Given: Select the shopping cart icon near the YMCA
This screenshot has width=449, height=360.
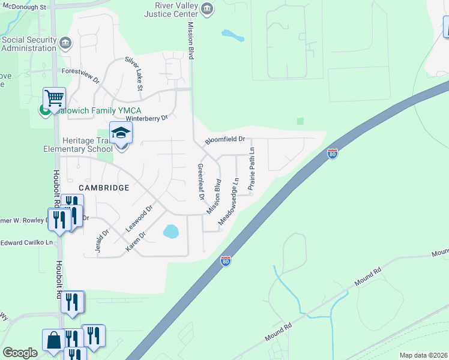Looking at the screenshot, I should [54, 98].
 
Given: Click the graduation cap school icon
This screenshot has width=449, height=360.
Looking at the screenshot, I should [120, 133].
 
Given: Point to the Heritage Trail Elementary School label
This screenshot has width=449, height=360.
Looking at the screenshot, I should [76, 145].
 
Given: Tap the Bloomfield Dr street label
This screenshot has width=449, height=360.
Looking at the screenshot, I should [225, 139].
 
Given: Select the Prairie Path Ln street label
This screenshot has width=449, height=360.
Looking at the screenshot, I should [252, 169].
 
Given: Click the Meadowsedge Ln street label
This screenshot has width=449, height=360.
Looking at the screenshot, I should [229, 200].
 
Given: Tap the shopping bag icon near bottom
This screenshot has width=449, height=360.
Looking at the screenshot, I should [53, 340].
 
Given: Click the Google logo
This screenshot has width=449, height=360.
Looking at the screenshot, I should [20, 353].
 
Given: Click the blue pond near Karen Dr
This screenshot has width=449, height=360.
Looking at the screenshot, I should [170, 231].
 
